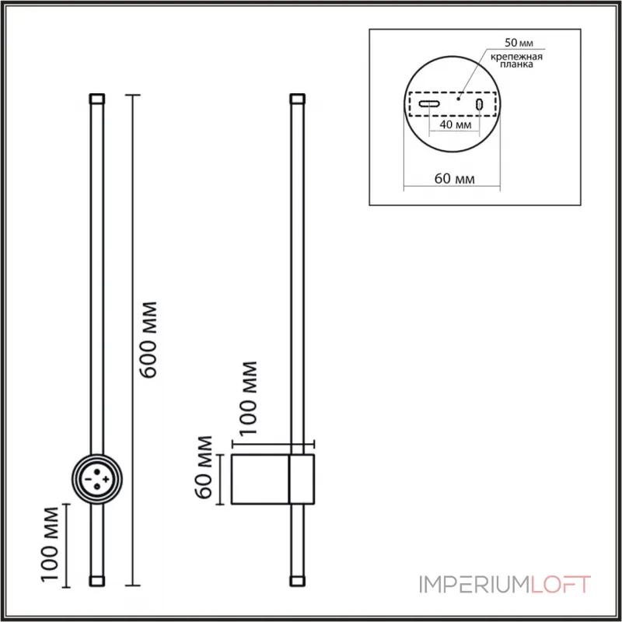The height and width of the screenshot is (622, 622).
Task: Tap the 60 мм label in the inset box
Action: coord(455,179)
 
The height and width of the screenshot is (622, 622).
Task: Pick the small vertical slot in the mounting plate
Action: coord(480,104)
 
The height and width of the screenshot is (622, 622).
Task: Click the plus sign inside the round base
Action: coord(105,480)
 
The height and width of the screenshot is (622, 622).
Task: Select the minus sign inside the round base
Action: coord(89,480)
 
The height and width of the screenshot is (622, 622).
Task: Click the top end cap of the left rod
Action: coord(97,100)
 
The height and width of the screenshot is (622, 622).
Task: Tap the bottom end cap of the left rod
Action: coord(97,580)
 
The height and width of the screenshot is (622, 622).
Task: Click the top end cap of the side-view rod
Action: coord(296,100)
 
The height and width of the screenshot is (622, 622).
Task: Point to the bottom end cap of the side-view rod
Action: coord(296,580)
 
